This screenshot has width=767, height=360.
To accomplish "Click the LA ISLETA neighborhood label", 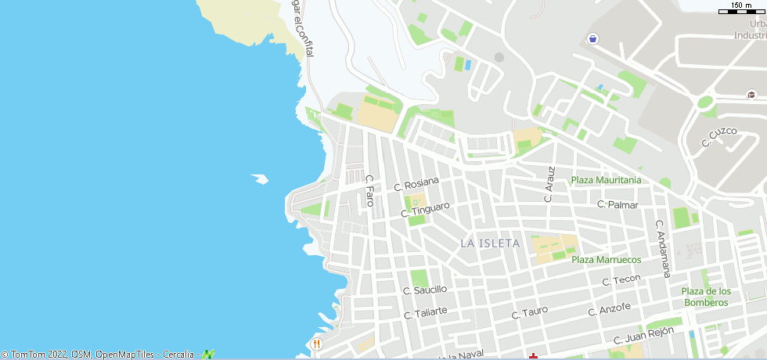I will (490, 243).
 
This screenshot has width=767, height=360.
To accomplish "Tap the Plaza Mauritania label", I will (606, 180).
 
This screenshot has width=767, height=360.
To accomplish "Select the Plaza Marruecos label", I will (606, 260).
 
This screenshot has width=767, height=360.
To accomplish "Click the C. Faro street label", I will (370, 190).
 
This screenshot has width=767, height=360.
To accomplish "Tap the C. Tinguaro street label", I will (425, 210).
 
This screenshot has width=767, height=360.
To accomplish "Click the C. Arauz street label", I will (550, 184).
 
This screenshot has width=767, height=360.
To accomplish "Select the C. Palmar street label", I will (618, 205).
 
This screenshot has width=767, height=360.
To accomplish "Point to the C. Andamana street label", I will (663, 248).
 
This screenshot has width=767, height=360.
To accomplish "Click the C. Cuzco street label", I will (718, 137).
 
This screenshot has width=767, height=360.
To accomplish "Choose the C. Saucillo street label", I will (425, 290).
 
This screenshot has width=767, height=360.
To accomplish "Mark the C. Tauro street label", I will (530, 312).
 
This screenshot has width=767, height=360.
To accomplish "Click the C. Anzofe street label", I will (610, 309).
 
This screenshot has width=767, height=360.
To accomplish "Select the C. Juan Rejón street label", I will (643, 335).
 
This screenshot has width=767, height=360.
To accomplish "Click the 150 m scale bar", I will (741, 9).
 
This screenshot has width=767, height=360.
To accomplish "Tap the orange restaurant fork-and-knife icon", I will (316, 344).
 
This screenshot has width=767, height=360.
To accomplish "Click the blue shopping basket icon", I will (592, 38).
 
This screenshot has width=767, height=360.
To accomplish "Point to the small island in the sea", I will (260, 179).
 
